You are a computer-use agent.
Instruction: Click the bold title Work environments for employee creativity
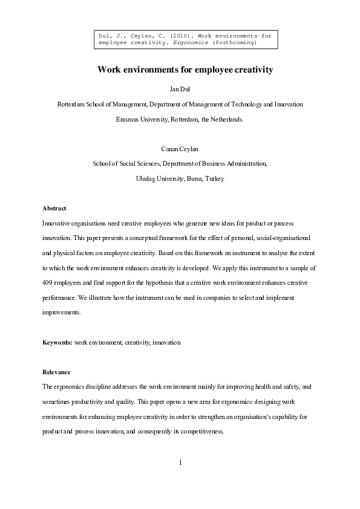[185, 70]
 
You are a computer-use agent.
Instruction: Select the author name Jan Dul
[180, 89]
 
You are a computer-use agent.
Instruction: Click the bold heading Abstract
[54, 208]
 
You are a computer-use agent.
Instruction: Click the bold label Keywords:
[57, 342]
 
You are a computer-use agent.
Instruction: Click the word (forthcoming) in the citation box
[236, 43]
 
